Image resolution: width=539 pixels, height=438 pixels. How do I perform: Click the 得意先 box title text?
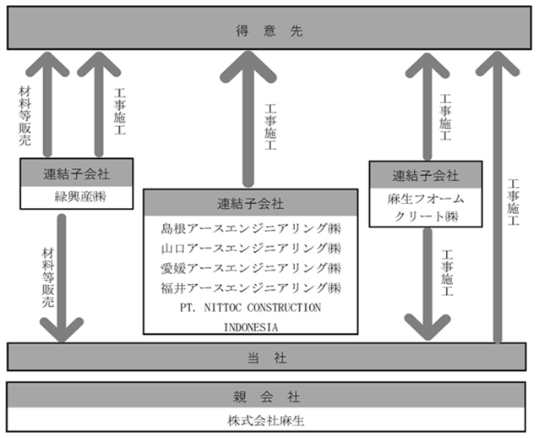point(269,31)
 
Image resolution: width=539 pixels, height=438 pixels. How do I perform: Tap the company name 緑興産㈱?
point(80,197)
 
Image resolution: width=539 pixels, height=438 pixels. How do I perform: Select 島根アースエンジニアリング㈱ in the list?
point(251,228)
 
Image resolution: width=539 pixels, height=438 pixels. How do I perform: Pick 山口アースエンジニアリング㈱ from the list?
point(251,248)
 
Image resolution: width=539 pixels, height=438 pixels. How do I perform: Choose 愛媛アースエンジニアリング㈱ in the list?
point(251,268)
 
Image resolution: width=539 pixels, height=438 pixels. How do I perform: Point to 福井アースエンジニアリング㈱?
point(251,287)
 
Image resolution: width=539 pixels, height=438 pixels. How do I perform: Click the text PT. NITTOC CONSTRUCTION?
point(251,308)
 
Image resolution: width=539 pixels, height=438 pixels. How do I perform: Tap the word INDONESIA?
point(251,327)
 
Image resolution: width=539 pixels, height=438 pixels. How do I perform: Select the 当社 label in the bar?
point(267,358)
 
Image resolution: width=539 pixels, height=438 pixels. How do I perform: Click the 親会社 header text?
point(266,397)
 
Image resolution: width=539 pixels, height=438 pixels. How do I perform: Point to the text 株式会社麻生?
point(266,420)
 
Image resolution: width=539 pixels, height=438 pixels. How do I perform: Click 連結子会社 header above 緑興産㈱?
point(77,173)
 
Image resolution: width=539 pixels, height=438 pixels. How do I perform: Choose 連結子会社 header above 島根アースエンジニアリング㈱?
point(251,203)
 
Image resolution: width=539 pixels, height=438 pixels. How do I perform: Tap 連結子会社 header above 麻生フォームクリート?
point(426,176)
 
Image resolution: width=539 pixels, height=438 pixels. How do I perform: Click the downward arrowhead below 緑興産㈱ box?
point(62,330)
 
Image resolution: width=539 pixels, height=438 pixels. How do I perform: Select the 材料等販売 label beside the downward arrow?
point(48,276)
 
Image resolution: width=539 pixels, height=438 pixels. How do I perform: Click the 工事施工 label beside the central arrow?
point(270,127)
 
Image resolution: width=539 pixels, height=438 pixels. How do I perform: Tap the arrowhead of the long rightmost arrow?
point(498,63)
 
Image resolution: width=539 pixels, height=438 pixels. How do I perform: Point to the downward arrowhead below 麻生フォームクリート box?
point(427,327)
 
